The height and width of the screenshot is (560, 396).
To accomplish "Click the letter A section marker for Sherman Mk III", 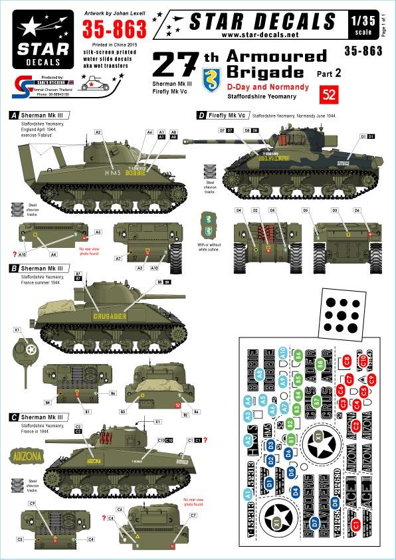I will click(12, 115).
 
